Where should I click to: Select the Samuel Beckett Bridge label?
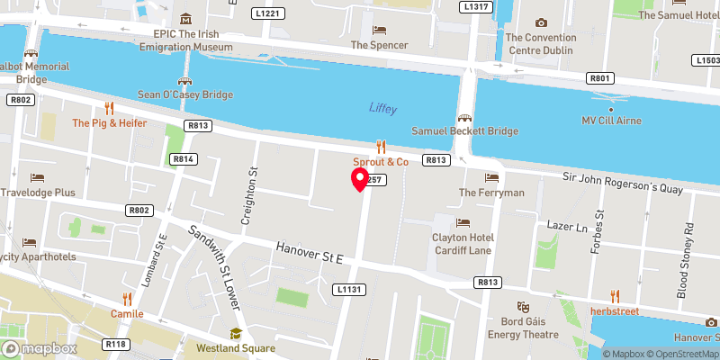[465, 130]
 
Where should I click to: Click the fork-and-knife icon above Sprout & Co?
[381, 146]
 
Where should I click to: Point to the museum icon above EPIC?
[186, 19]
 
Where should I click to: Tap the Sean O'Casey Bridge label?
[184, 94]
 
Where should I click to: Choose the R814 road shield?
[184, 159]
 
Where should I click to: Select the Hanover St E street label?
[310, 251]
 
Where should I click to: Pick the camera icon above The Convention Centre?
[540, 22]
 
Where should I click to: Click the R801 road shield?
[600, 78]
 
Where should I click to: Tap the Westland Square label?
[236, 348]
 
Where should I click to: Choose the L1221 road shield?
[270, 13]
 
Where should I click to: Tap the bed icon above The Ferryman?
[491, 177]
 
